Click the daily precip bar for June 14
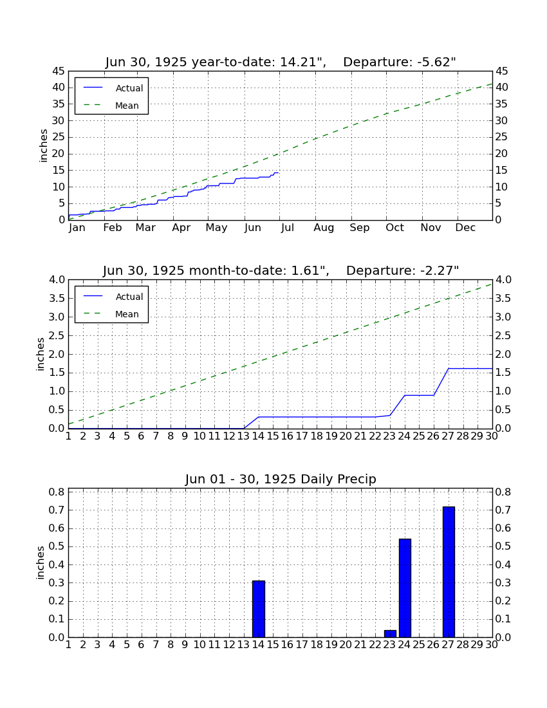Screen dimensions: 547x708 (x=259, y=609)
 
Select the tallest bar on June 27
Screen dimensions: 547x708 (x=449, y=572)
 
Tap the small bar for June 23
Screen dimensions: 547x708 (x=391, y=634)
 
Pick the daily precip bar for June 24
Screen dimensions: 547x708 (x=405, y=588)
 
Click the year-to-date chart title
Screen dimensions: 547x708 (x=281, y=62)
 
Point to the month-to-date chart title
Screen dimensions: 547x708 (x=281, y=270)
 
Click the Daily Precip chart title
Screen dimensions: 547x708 (x=281, y=479)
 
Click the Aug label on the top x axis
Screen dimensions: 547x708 (x=324, y=228)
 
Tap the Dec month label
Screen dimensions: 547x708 (x=465, y=228)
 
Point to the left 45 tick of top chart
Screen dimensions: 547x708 (x=58, y=71)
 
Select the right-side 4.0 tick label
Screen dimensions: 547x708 (x=504, y=280)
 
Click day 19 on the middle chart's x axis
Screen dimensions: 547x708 (x=331, y=436)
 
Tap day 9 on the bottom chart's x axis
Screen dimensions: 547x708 (x=185, y=645)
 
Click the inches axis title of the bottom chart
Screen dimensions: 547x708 (x=40, y=563)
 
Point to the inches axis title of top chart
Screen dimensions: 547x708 (x=43, y=145)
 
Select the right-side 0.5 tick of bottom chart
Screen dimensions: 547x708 (x=504, y=546)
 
